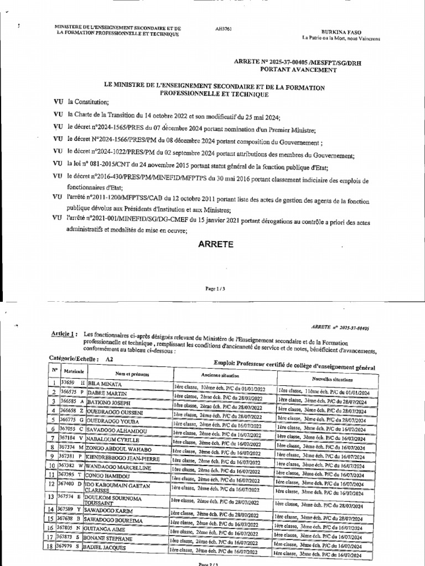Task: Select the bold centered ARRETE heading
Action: (212, 243)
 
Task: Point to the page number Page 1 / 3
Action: (213, 288)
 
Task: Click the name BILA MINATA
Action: (103, 383)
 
